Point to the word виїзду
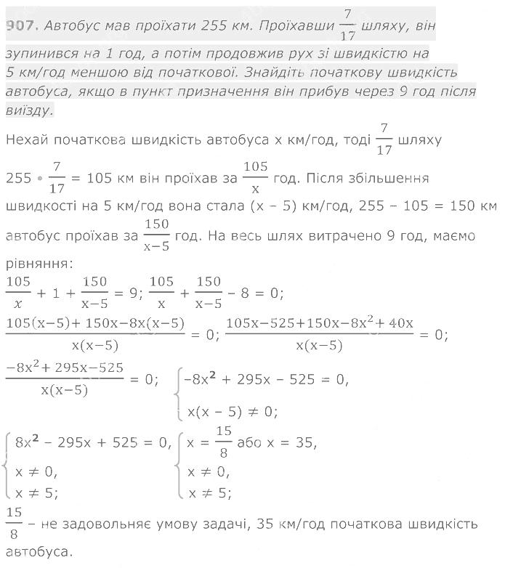tap(28, 110)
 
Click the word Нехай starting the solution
tap(29, 139)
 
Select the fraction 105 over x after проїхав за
tap(255, 177)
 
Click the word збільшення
tap(388, 177)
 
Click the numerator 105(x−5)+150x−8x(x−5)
tap(95, 322)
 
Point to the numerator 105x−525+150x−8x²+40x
tap(320, 322)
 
